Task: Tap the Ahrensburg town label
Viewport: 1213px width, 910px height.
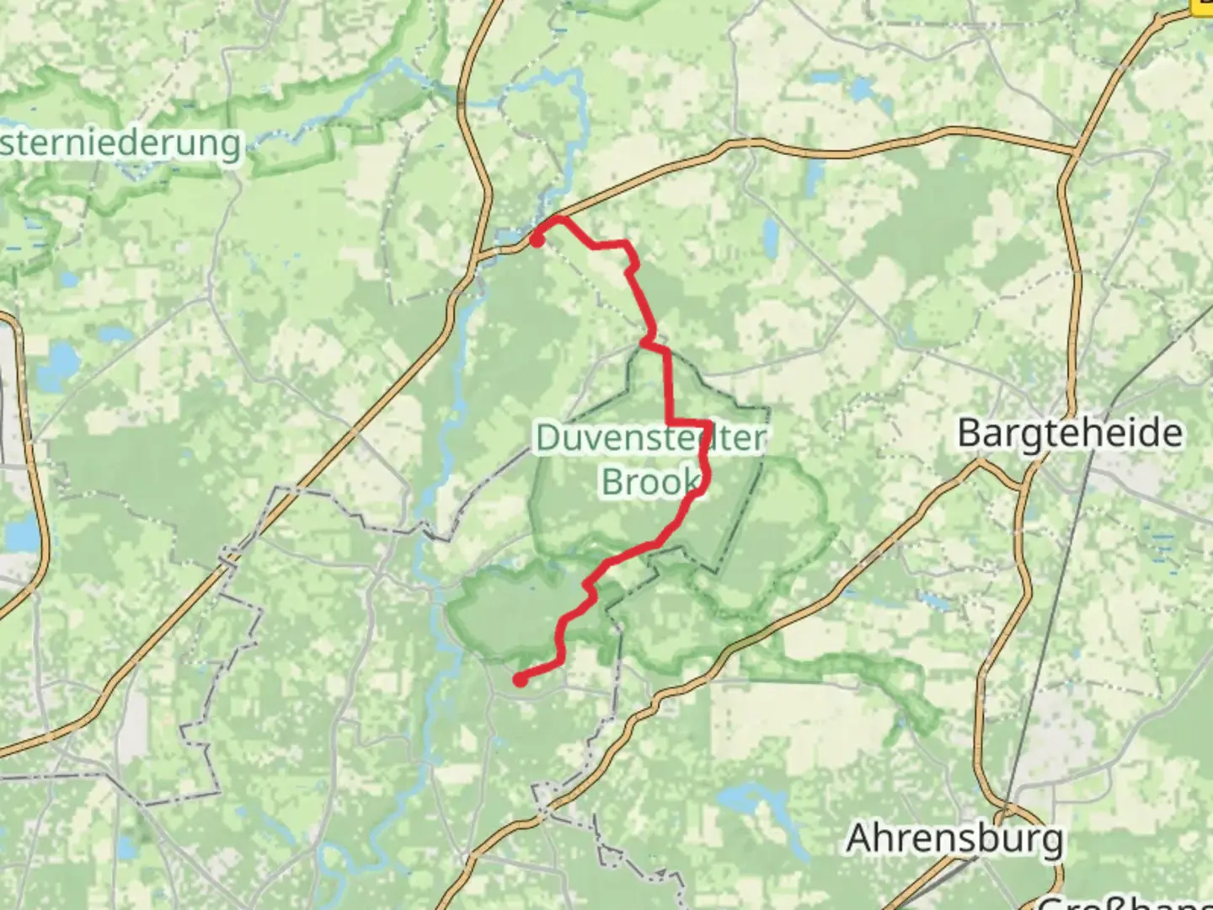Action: [x=954, y=839]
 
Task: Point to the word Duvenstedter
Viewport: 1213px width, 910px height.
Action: [x=650, y=438]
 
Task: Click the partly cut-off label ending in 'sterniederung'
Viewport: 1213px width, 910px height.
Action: [x=120, y=143]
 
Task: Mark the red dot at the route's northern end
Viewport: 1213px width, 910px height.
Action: [x=537, y=240]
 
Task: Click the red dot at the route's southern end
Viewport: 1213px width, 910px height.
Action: [x=521, y=680]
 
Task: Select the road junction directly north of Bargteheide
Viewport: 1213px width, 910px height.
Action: [x=1074, y=153]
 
